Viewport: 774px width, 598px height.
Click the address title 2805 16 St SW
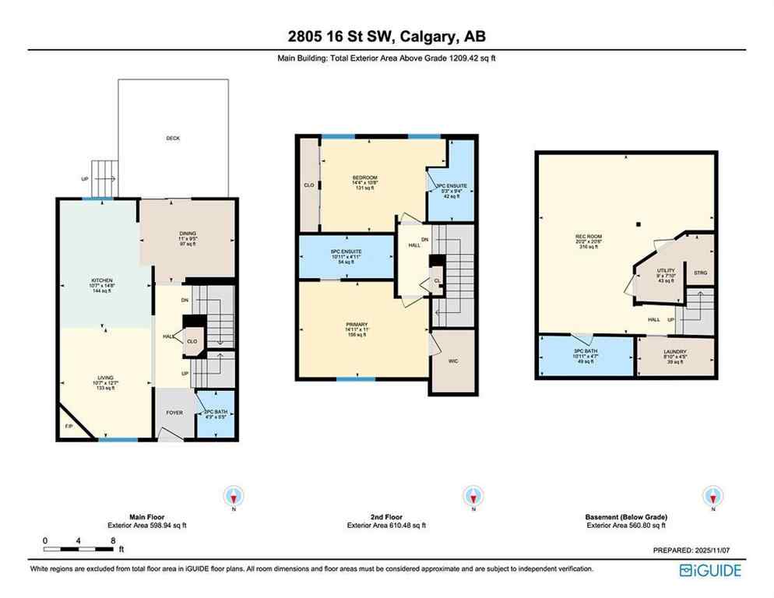(386, 36)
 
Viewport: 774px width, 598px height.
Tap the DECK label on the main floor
(173, 138)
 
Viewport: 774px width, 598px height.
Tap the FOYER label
(174, 412)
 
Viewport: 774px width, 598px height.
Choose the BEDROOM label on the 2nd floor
(364, 178)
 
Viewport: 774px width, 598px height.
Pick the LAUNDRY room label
(676, 351)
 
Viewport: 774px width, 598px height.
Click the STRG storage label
(700, 273)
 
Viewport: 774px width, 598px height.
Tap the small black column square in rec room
(638, 224)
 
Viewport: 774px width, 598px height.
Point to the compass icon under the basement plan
(710, 495)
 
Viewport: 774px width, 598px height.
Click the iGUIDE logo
(710, 570)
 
